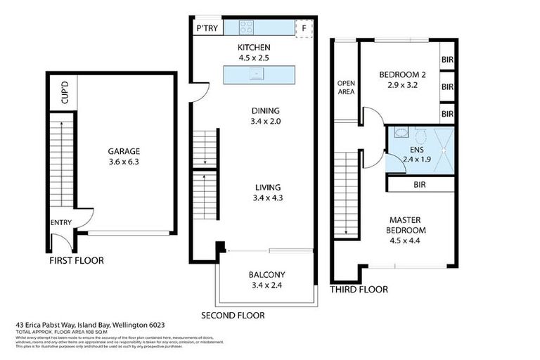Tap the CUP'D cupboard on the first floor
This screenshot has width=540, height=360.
coord(65,94)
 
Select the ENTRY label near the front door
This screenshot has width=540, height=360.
coord(60,223)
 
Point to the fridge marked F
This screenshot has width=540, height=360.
coord(304,29)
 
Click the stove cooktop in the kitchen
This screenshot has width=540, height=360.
coord(247,27)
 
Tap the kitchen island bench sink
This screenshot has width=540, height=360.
coord(257,73)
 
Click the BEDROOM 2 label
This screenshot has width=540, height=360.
coord(399,75)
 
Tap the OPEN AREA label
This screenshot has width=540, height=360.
coord(346,86)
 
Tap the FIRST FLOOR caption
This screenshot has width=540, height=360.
coord(76,260)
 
